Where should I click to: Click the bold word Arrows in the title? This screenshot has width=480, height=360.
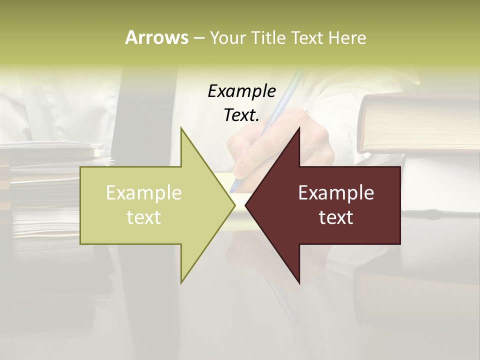pyautogui.click(x=156, y=37)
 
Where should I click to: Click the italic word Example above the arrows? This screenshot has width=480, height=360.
pyautogui.click(x=241, y=91)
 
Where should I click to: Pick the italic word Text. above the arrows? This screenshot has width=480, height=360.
pyautogui.click(x=241, y=115)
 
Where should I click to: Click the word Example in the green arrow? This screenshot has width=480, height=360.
pyautogui.click(x=144, y=192)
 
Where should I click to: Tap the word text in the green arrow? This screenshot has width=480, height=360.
pyautogui.click(x=144, y=217)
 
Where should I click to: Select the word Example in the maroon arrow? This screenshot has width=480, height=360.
pyautogui.click(x=336, y=192)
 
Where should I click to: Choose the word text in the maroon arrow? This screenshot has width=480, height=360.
pyautogui.click(x=336, y=217)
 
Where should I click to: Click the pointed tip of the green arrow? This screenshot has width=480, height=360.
pyautogui.click(x=234, y=205)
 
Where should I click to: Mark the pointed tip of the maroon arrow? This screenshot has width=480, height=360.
pyautogui.click(x=246, y=205)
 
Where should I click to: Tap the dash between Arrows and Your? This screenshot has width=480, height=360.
pyautogui.click(x=198, y=38)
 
